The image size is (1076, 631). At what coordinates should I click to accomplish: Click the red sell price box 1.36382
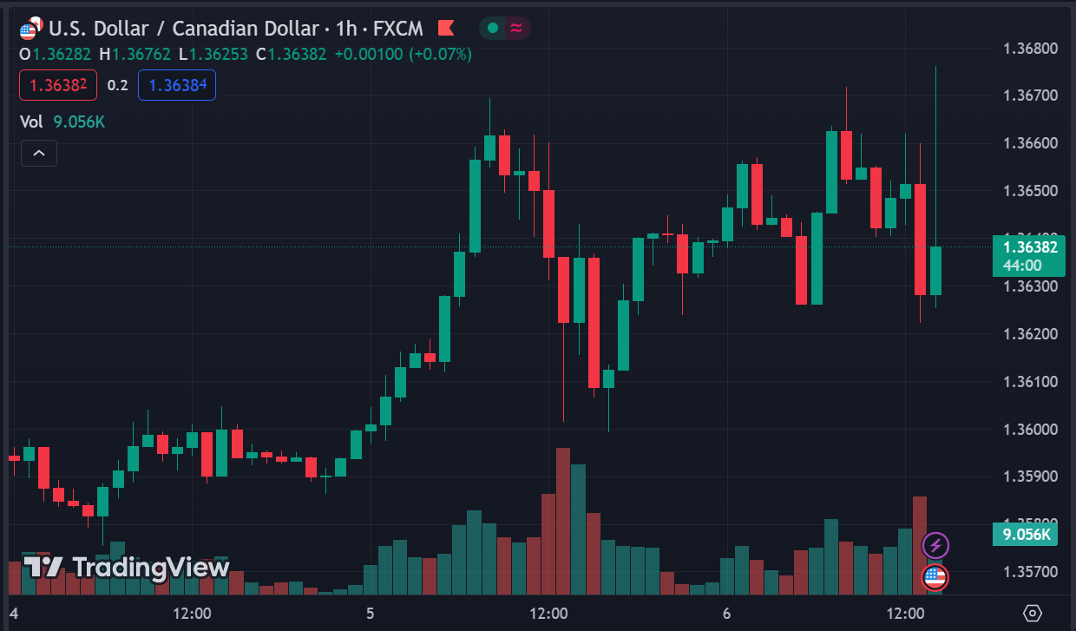58,85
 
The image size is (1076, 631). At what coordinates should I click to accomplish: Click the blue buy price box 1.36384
176,85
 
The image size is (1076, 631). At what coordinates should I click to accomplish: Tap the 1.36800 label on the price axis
1030,48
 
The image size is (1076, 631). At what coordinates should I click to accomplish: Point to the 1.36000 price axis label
1030,430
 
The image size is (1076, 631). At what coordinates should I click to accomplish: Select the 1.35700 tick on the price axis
1030,572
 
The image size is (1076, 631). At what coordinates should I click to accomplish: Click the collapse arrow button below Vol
39,154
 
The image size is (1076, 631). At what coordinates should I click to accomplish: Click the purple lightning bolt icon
935,545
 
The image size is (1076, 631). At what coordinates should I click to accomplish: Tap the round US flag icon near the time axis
935,575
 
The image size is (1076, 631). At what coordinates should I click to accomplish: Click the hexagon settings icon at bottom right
1033,614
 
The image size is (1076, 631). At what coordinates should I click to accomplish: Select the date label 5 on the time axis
370,614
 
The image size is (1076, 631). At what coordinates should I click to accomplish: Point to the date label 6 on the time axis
726,614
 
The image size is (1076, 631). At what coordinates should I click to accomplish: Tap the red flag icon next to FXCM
446,28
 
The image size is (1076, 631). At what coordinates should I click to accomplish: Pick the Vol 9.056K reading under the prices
62,122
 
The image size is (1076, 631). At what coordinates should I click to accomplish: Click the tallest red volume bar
563,521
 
